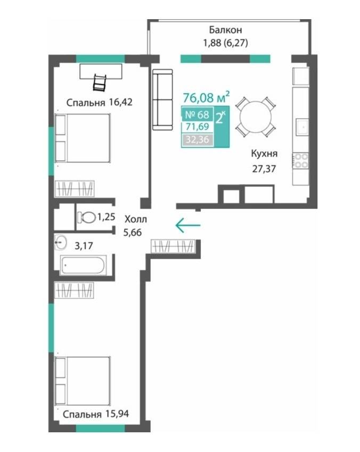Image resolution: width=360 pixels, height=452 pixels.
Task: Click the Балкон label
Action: [x=226, y=30]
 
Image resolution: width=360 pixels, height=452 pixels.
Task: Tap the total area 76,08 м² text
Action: [x=207, y=97]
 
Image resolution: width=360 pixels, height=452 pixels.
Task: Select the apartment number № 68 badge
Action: [x=197, y=114]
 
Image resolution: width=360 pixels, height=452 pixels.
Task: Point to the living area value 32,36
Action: [x=197, y=140]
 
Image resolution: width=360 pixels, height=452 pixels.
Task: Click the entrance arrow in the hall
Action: [x=188, y=225]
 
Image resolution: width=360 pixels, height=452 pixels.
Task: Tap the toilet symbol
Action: [x=86, y=217]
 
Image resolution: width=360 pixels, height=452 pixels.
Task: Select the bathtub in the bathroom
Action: [x=84, y=265]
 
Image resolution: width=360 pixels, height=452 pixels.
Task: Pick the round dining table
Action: [x=255, y=117]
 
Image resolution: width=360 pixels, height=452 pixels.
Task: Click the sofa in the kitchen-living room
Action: [x=162, y=100]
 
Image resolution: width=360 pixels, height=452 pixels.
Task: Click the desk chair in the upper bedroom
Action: [x=99, y=83]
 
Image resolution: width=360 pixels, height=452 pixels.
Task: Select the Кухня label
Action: [x=264, y=153]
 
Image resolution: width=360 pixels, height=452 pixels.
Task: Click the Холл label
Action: [x=136, y=219]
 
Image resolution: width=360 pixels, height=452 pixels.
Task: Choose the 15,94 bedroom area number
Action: [x=117, y=414]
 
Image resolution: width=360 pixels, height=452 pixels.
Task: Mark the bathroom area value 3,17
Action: [x=84, y=246]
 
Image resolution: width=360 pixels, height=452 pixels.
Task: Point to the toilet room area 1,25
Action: [x=106, y=217]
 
